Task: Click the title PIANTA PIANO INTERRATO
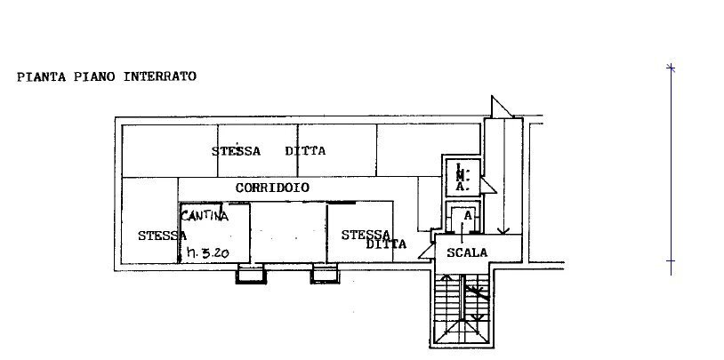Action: tap(107, 77)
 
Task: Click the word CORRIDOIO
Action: tap(272, 188)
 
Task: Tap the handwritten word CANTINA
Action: tap(205, 215)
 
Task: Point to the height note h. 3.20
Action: tap(208, 253)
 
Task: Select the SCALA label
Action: tap(467, 252)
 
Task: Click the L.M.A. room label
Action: tap(463, 178)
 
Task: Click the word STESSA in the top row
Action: tap(237, 151)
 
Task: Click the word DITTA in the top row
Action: tap(305, 151)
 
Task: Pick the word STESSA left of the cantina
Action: tap(162, 236)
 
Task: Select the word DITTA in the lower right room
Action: tap(387, 244)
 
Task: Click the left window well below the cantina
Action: tap(250, 275)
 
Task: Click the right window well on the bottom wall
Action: tap(325, 275)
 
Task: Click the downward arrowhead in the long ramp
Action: tap(504, 231)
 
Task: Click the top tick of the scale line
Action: tap(672, 68)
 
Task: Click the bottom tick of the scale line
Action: tap(672, 261)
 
